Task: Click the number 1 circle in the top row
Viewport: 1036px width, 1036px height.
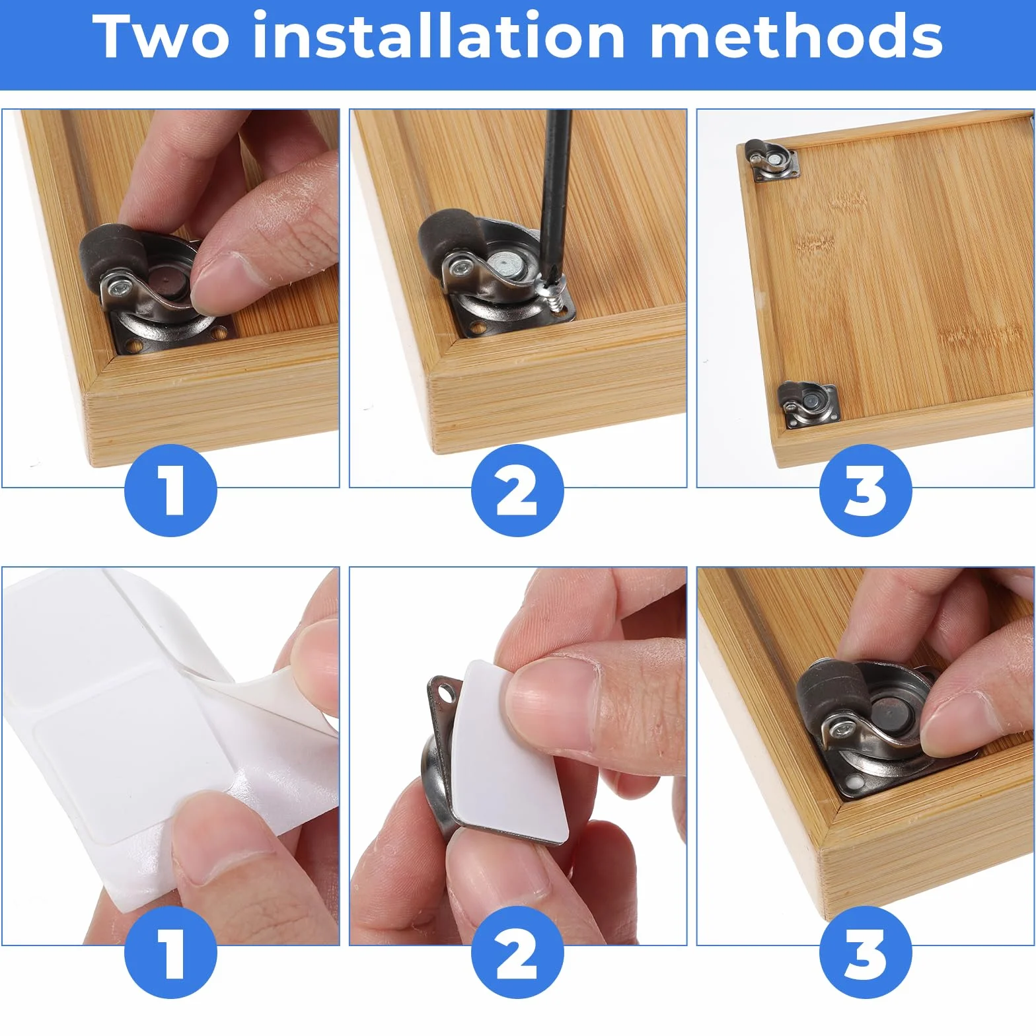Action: point(171,490)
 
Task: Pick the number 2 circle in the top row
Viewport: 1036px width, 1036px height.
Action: point(517,490)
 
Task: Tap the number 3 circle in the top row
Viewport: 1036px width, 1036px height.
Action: point(866,490)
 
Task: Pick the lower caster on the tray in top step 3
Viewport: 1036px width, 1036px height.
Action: point(806,403)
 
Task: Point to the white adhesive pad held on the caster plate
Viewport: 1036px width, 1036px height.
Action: point(511,751)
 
